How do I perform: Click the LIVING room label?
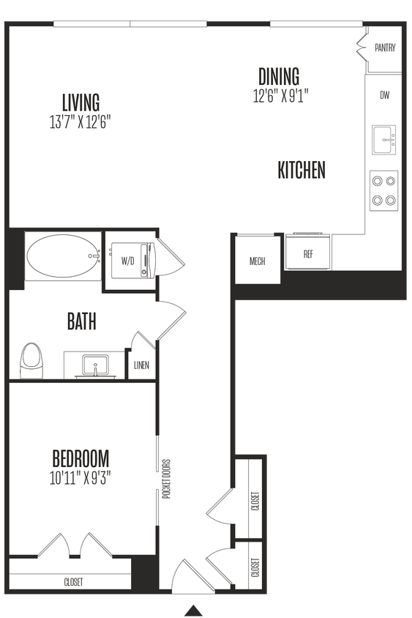tap(80, 102)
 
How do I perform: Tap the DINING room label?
tap(279, 76)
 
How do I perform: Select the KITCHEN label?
tap(301, 171)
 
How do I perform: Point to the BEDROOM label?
tap(80, 459)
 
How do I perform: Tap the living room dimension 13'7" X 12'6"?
tap(80, 121)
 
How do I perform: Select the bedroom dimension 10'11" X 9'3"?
tap(80, 478)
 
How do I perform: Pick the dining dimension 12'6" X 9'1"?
tap(279, 95)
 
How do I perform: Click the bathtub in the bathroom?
tap(63, 258)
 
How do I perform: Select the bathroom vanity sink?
tap(95, 365)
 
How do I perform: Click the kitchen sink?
tap(384, 140)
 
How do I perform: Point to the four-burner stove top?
tap(384, 190)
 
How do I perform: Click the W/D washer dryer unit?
tap(129, 261)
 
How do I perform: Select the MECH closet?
tap(257, 261)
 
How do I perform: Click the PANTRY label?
tap(385, 48)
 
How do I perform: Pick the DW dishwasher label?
tap(384, 95)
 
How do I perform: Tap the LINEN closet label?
tap(142, 367)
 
